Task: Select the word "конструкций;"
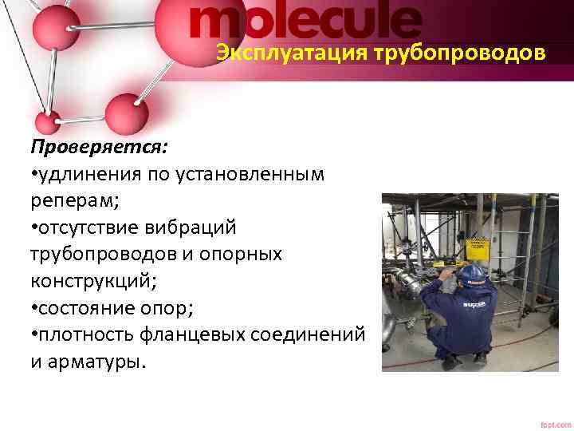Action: click(90, 280)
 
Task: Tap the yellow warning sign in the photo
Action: click(477, 249)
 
